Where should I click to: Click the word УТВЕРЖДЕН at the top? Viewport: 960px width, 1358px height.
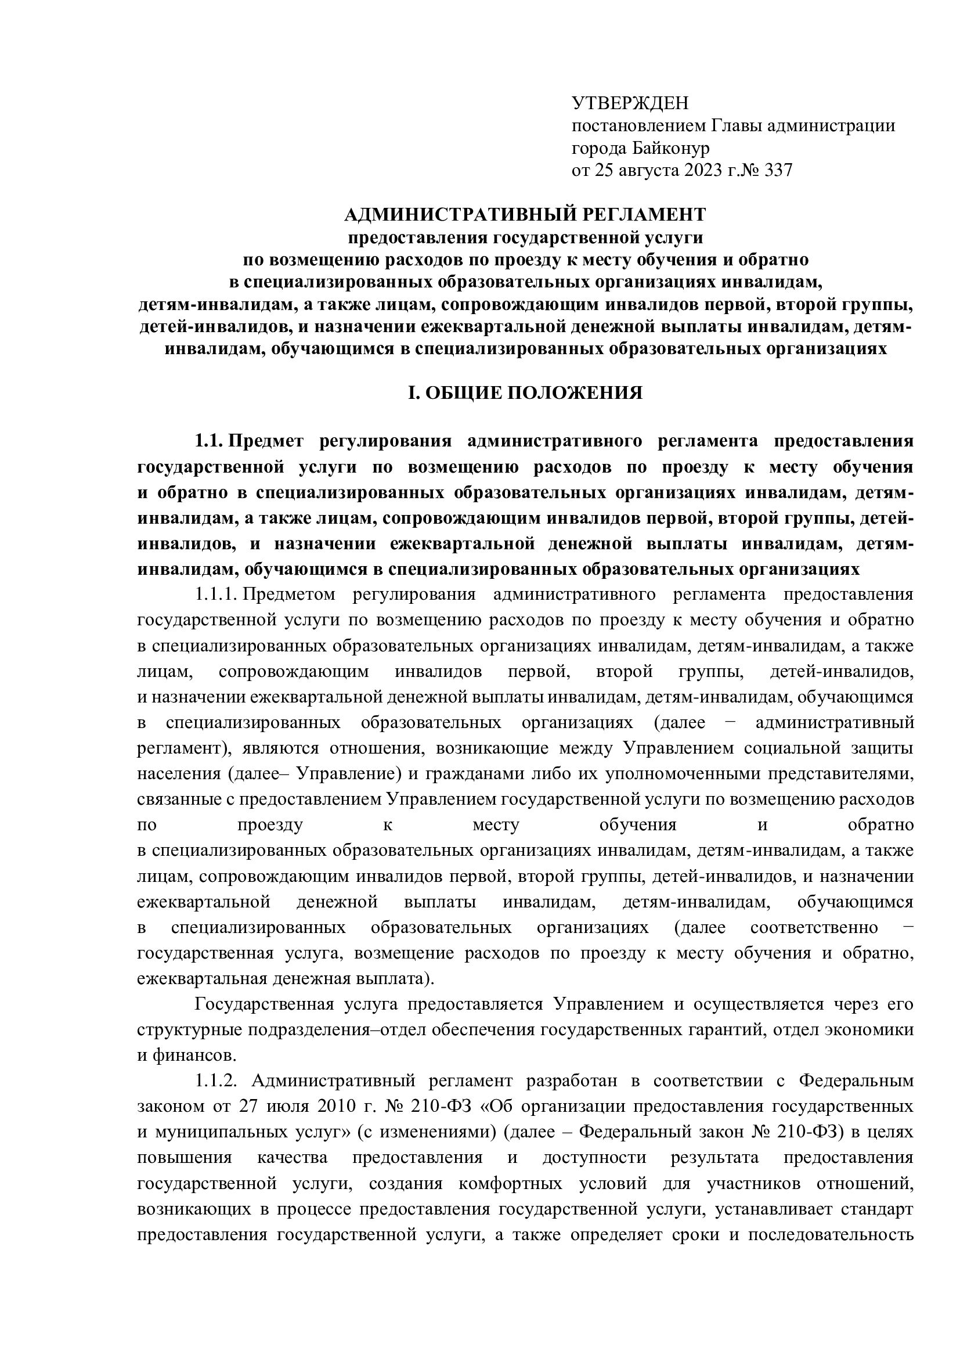tap(630, 103)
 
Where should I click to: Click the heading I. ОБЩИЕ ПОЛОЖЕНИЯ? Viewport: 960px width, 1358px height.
tap(525, 392)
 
